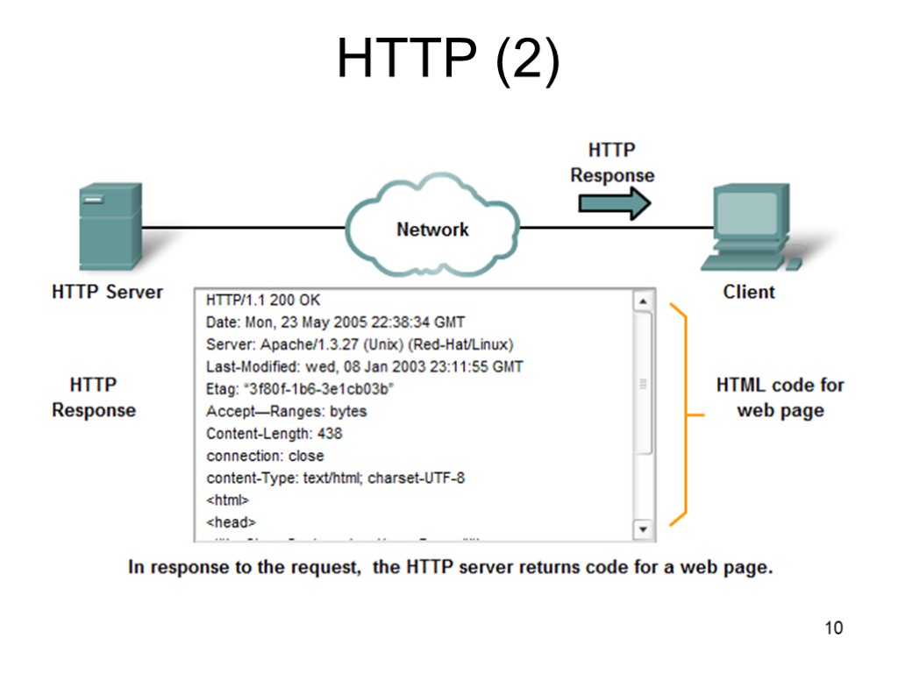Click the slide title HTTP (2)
click(448, 61)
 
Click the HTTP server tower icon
click(110, 227)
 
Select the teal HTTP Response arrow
click(614, 203)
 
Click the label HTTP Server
click(107, 292)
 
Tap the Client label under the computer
click(749, 292)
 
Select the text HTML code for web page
click(780, 397)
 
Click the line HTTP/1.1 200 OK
click(263, 300)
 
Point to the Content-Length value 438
click(330, 434)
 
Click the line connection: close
click(265, 456)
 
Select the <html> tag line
click(228, 500)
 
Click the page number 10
click(833, 627)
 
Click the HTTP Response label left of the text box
click(94, 397)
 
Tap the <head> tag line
click(231, 522)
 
